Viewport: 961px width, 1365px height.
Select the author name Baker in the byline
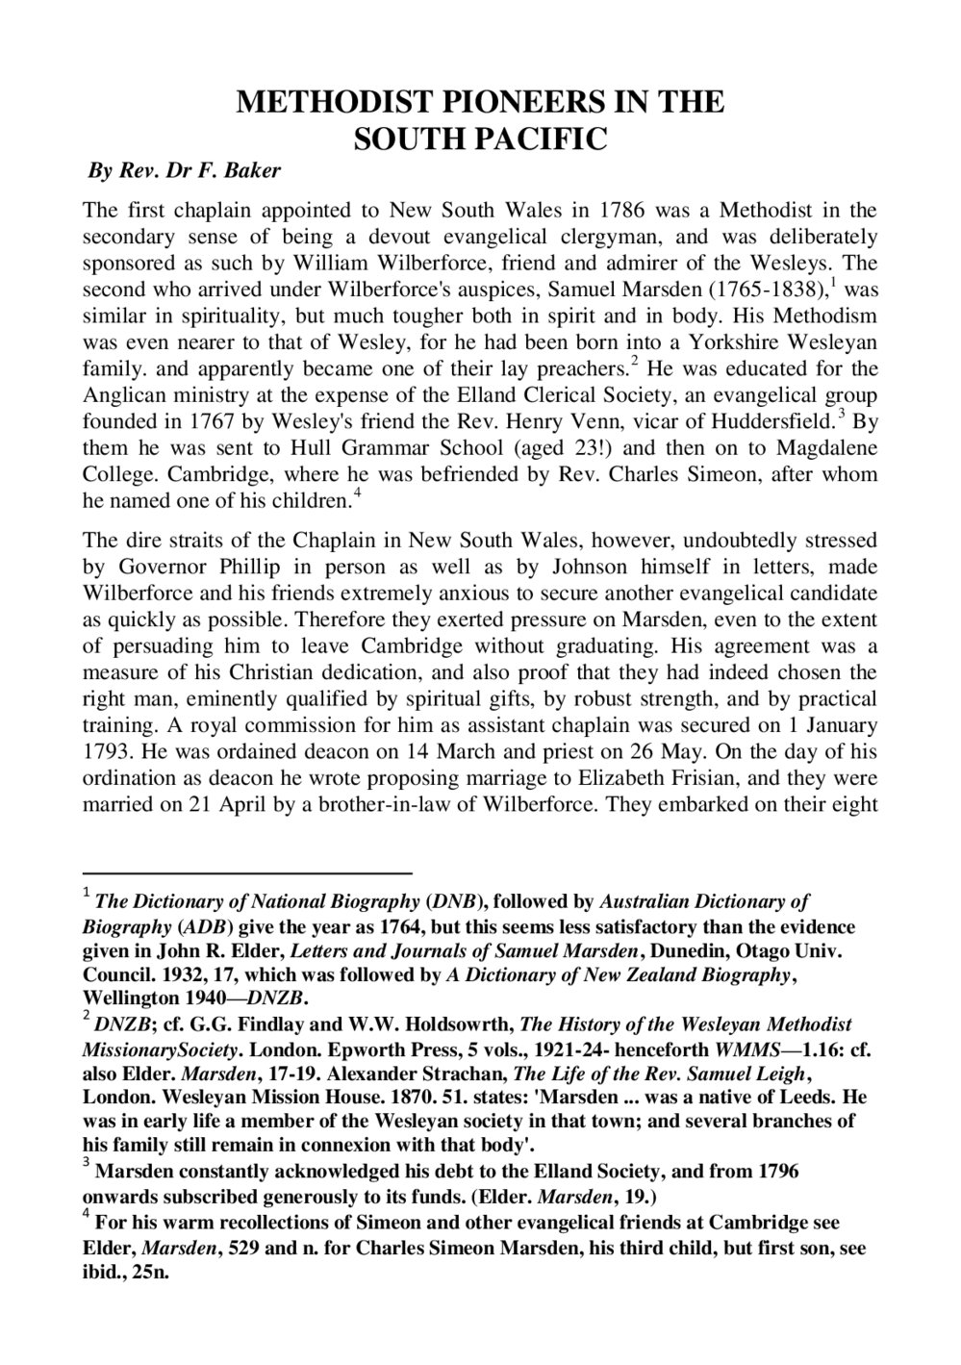(x=255, y=173)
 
